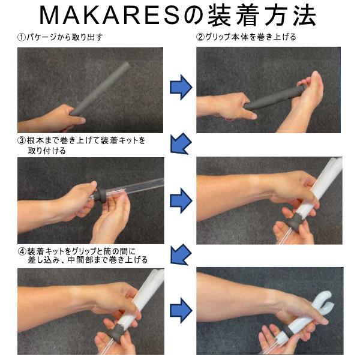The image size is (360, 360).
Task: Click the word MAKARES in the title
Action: (x=110, y=16)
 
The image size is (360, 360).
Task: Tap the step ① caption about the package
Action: (x=60, y=37)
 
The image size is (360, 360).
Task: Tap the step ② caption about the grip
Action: (x=246, y=37)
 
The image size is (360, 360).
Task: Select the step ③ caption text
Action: (x=82, y=145)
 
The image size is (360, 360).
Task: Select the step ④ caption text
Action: (x=83, y=256)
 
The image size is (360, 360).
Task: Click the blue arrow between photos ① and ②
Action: (x=181, y=87)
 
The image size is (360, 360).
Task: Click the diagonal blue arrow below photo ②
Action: (x=181, y=144)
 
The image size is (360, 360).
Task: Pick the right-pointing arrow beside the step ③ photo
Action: (x=181, y=200)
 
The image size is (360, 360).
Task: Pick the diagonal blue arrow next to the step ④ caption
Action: (x=181, y=254)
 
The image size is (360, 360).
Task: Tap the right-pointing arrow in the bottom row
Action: (x=181, y=310)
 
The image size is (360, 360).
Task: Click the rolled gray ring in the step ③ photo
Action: (x=100, y=195)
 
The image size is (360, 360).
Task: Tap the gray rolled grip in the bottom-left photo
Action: (x=118, y=332)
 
